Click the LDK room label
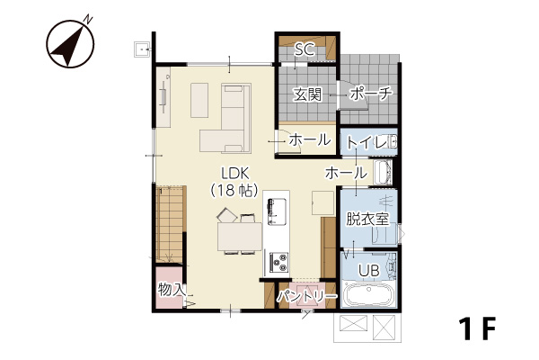coord(235,173)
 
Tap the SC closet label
coord(305,50)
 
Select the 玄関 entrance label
coord(307,94)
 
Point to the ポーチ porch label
coord(370,94)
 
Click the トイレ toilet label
coord(367,142)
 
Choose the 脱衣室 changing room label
coord(367,219)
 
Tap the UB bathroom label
coord(369,270)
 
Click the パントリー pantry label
coord(307,296)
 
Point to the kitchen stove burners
coord(278,262)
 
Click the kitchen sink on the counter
coord(278,211)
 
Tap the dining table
coord(239,237)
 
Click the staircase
coord(171,225)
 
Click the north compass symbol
coord(71,42)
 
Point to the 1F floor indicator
coord(477,329)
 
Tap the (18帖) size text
coord(235,190)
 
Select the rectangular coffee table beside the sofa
coord(199,100)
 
